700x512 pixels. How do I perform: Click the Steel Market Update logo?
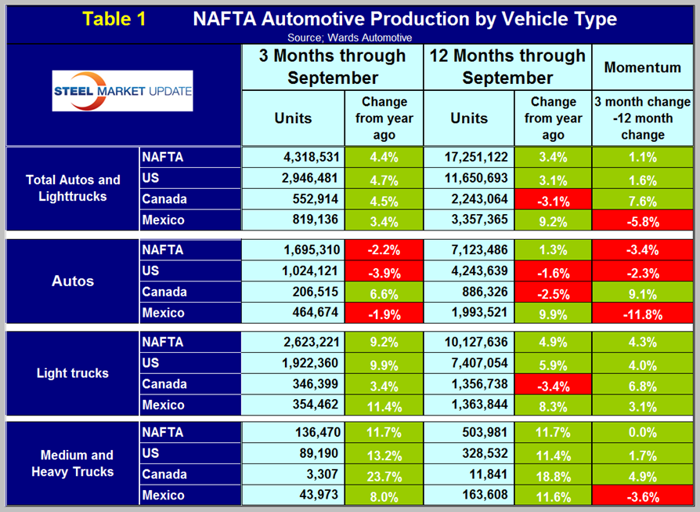(123, 93)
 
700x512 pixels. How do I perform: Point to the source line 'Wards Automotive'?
(349, 37)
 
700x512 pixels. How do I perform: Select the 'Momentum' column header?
(642, 67)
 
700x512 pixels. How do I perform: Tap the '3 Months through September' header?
(333, 67)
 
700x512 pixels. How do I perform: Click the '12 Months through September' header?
(507, 67)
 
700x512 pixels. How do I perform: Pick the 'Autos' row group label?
(72, 281)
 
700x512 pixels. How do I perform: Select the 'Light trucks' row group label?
(72, 373)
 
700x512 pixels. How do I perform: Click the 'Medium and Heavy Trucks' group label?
(72, 463)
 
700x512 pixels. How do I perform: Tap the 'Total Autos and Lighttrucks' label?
(72, 188)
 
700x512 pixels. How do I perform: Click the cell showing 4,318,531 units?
(294, 157)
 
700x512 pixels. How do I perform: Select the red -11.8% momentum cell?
(642, 313)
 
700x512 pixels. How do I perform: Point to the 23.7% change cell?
(384, 474)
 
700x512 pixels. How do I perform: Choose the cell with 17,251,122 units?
(469, 157)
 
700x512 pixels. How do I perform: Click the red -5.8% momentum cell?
(642, 220)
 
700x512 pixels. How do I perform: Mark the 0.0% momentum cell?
(642, 432)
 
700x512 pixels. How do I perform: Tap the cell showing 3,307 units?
(294, 474)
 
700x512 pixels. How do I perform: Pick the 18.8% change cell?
(553, 474)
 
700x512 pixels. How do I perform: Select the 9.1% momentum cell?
(642, 292)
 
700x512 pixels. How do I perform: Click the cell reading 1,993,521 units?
(469, 313)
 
